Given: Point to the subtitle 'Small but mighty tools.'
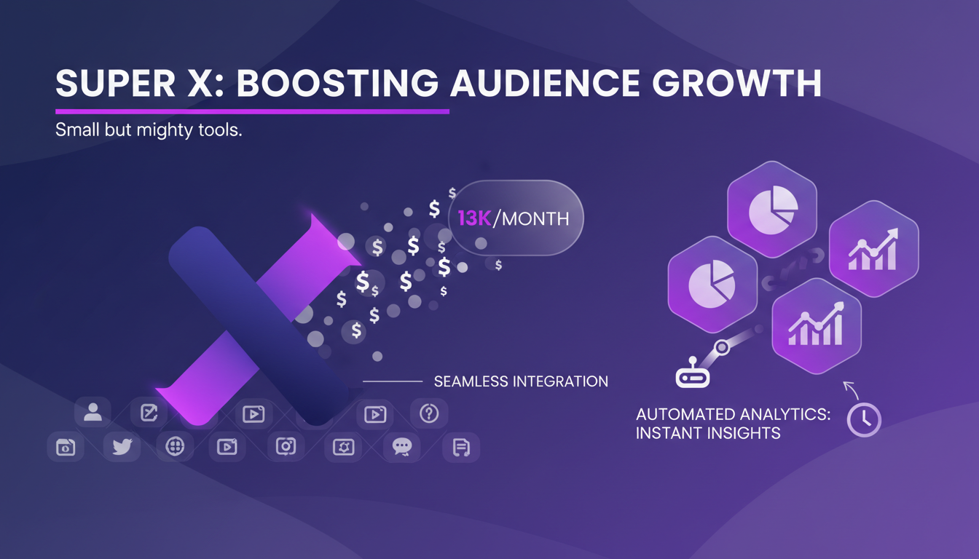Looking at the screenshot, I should pyautogui.click(x=149, y=132).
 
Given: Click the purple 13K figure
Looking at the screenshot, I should pyautogui.click(x=473, y=218).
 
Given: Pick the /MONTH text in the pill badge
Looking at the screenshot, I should pyautogui.click(x=531, y=218).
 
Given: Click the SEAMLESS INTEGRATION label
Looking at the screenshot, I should pyautogui.click(x=521, y=381).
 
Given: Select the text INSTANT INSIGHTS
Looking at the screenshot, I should pyautogui.click(x=708, y=434).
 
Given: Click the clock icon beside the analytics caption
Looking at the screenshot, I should pyautogui.click(x=865, y=420).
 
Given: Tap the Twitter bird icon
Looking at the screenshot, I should pyautogui.click(x=122, y=447).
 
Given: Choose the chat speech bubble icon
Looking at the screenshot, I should pyautogui.click(x=402, y=447).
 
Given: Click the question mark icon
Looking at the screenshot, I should pyautogui.click(x=429, y=413).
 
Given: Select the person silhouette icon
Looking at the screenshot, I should pyautogui.click(x=93, y=413).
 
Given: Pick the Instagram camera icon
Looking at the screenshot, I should pyautogui.click(x=286, y=447).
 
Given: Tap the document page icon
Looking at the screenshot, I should pyautogui.click(x=461, y=448).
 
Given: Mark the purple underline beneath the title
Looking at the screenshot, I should pyautogui.click(x=252, y=111).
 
